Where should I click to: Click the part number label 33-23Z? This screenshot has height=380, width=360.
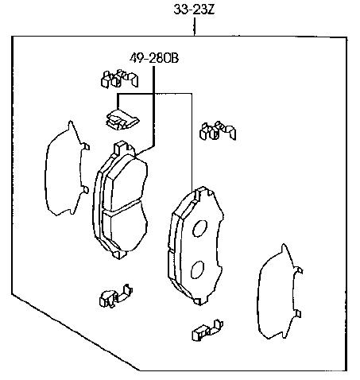[x=194, y=10]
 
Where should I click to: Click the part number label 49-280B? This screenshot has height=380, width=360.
[x=154, y=58]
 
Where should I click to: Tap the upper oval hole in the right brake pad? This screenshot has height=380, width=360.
[x=199, y=228]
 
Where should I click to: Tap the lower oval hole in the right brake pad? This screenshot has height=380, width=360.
[x=197, y=269]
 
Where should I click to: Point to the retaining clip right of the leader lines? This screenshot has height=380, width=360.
[x=218, y=130]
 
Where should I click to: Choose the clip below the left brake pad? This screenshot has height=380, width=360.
[x=116, y=296]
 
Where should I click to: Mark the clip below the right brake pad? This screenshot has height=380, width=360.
[x=207, y=330]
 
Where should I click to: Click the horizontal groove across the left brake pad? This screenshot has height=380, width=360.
[x=122, y=207]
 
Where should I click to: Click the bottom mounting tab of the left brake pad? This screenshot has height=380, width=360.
[x=119, y=254]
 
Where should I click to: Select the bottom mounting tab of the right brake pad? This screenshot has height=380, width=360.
[x=200, y=301]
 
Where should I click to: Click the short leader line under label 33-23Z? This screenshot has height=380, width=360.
[x=195, y=26]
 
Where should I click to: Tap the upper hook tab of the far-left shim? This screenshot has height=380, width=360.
[x=86, y=146]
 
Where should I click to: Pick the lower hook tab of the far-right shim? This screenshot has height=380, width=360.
[x=298, y=314]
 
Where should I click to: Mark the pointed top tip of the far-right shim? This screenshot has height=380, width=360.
[x=284, y=244]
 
